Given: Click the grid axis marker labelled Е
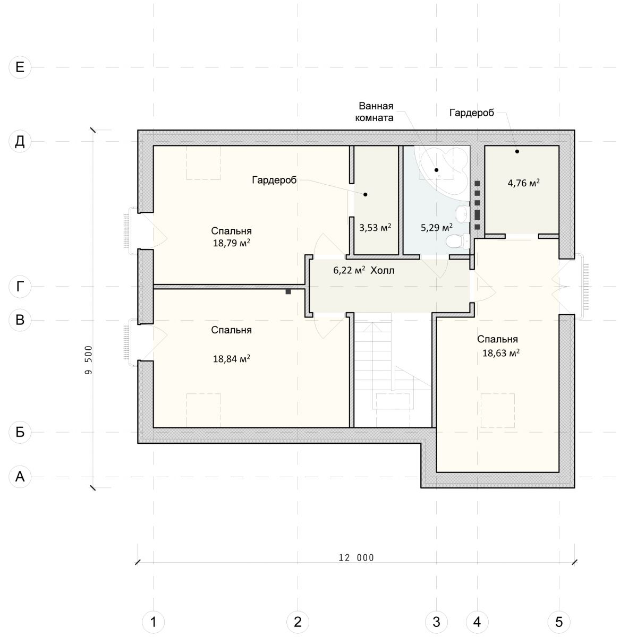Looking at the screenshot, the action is [20, 67].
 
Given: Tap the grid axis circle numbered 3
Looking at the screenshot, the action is [436, 622].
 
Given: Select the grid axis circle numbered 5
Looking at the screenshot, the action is [559, 622].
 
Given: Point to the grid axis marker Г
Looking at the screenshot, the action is [20, 287].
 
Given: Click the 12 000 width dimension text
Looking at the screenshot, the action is [356, 558].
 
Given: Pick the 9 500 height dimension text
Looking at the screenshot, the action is [89, 360].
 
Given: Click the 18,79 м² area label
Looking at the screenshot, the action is [232, 243].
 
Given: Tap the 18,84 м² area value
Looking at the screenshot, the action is [232, 359].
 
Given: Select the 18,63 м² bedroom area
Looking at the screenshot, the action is [501, 353].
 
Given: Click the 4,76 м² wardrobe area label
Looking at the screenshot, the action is [524, 183].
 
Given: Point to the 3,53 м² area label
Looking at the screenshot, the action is [375, 227].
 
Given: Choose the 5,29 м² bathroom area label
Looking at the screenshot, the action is [437, 227].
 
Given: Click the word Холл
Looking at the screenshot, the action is [383, 270].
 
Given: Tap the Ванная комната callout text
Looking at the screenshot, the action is [375, 111].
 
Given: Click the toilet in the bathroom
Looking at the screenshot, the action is [458, 242].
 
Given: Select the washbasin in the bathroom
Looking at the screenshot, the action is [462, 214].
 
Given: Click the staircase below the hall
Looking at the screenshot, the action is [393, 370].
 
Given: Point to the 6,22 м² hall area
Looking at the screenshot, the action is [350, 270].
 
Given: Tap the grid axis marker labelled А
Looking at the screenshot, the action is [20, 477].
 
